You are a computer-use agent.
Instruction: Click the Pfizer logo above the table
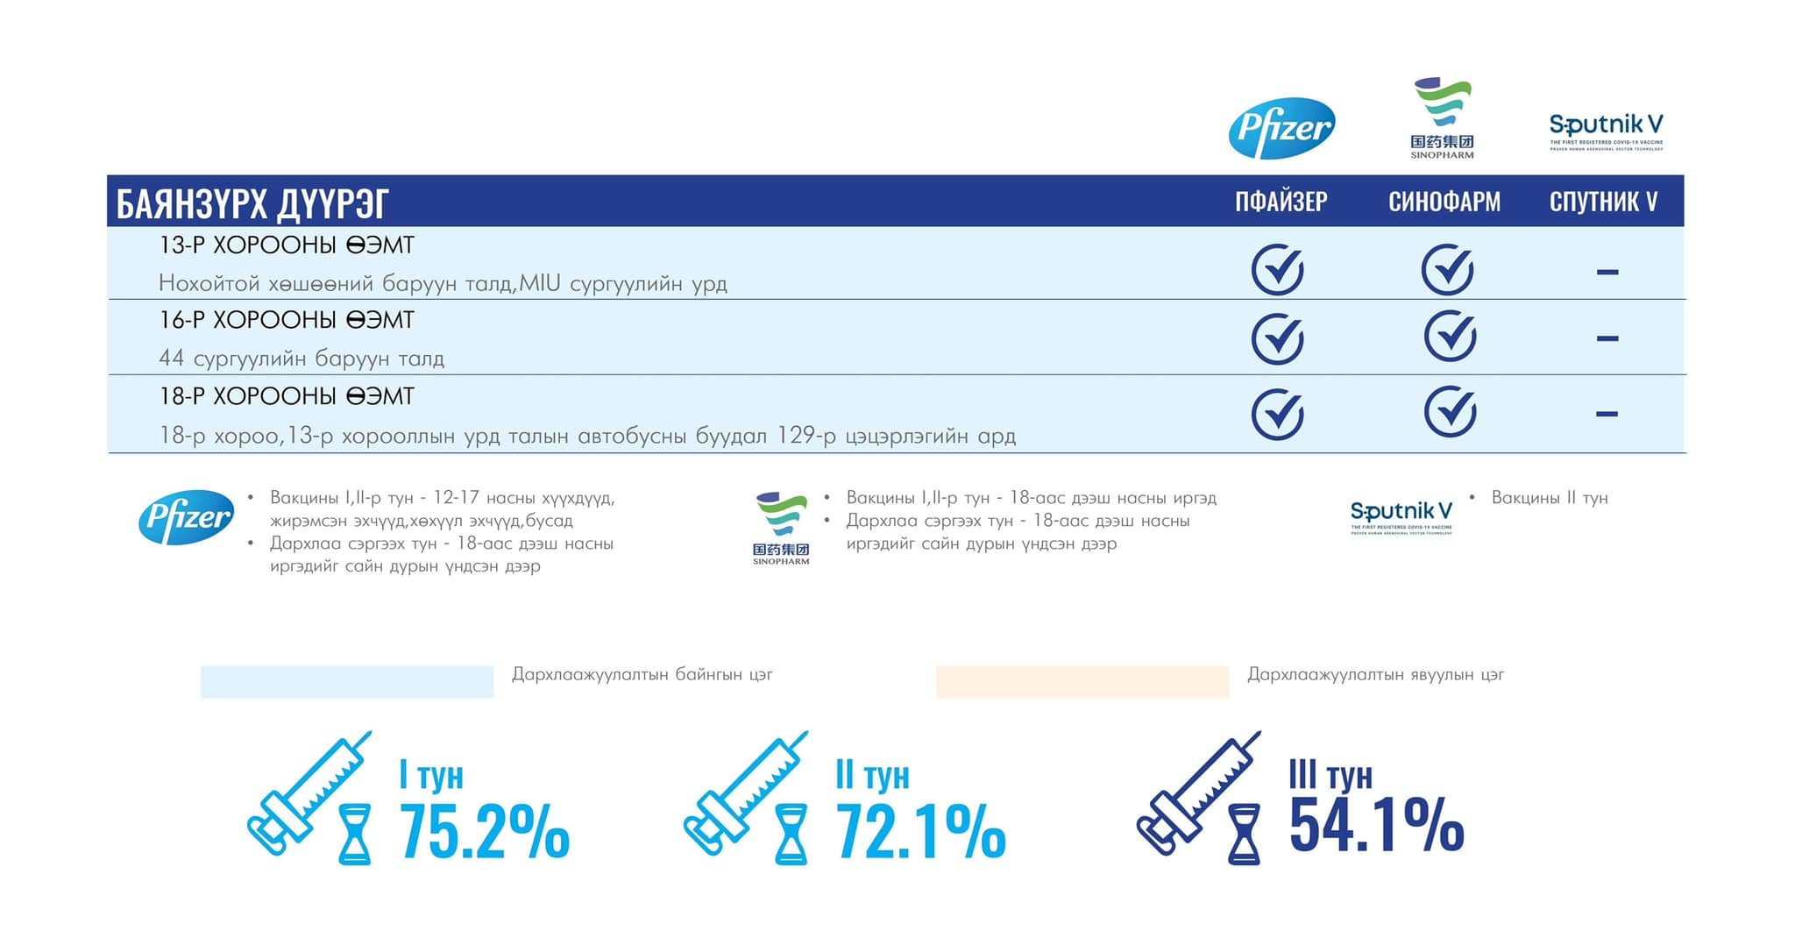(x=1281, y=128)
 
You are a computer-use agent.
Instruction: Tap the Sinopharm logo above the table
(x=1442, y=118)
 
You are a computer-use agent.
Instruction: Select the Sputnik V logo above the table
(x=1606, y=131)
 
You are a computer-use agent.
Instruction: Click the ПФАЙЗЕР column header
(x=1281, y=202)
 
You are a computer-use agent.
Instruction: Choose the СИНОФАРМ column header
(x=1444, y=202)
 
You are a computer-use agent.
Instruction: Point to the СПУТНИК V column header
(x=1603, y=202)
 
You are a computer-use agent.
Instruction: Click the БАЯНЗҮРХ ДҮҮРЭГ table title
(x=252, y=203)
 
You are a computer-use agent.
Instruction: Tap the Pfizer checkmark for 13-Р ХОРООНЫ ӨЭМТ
(x=1277, y=269)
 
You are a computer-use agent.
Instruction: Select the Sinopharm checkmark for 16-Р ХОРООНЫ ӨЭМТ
(x=1450, y=336)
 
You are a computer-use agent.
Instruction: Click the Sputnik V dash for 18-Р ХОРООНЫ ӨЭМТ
(x=1607, y=414)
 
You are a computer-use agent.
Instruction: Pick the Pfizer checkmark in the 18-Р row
(x=1277, y=414)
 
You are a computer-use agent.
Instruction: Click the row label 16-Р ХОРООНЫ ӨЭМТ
(x=287, y=320)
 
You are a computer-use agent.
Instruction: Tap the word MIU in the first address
(x=540, y=283)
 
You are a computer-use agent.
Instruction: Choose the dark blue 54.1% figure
(x=1376, y=824)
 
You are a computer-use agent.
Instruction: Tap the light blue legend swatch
(x=347, y=682)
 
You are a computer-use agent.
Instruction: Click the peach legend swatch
(x=1082, y=682)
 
